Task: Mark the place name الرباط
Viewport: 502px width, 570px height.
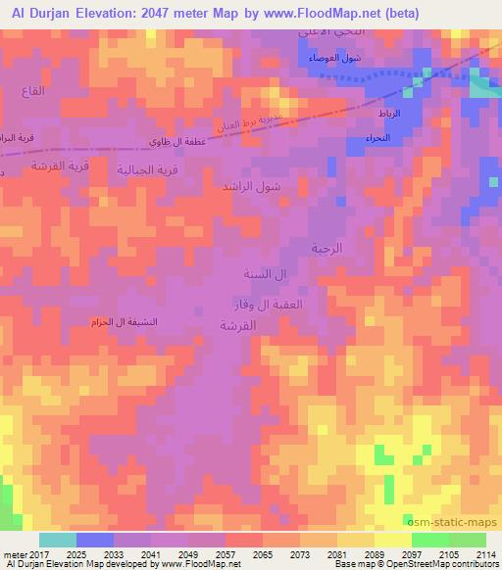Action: [x=389, y=115]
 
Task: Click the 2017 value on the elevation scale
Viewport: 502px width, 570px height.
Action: [x=26, y=553]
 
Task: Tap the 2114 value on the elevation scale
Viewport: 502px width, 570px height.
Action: [x=485, y=553]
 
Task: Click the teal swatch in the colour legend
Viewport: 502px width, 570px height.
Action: [x=58, y=540]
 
